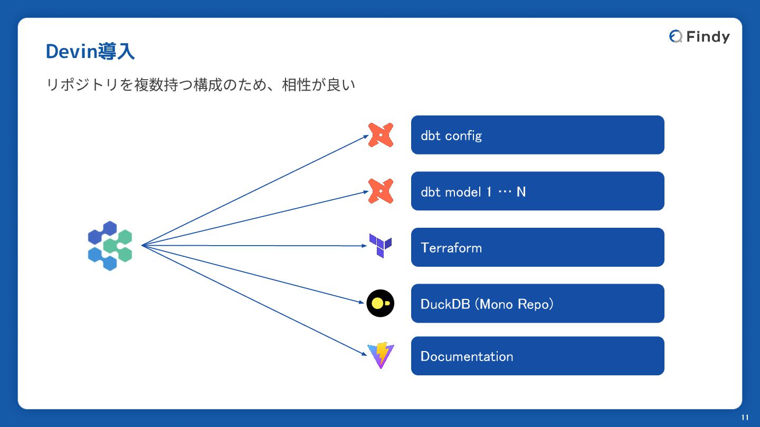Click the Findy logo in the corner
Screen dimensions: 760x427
[699, 36]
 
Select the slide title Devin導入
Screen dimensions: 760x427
[90, 52]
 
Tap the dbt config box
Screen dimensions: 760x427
[537, 135]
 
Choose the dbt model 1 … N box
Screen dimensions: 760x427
[537, 191]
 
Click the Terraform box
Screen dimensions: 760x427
[537, 247]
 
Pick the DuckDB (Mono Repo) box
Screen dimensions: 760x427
[537, 303]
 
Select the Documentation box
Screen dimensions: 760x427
[537, 356]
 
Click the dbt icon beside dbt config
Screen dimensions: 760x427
[381, 134]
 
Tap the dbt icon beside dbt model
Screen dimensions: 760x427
[381, 191]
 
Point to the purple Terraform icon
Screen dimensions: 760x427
[381, 246]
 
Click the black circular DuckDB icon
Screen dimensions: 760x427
[381, 303]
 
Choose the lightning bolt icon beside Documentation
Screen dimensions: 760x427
[381, 355]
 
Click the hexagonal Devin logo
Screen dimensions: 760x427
[110, 246]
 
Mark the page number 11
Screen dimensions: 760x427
[745, 418]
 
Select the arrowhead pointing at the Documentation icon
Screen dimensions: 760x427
[364, 354]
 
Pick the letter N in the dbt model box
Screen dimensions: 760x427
[521, 191]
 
